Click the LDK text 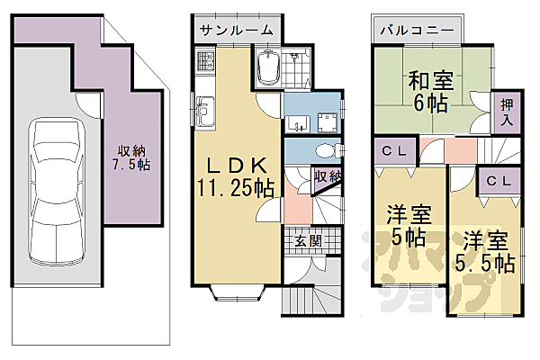[237, 166]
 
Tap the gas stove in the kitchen [204, 65]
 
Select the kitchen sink [203, 112]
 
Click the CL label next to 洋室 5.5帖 [499, 180]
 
